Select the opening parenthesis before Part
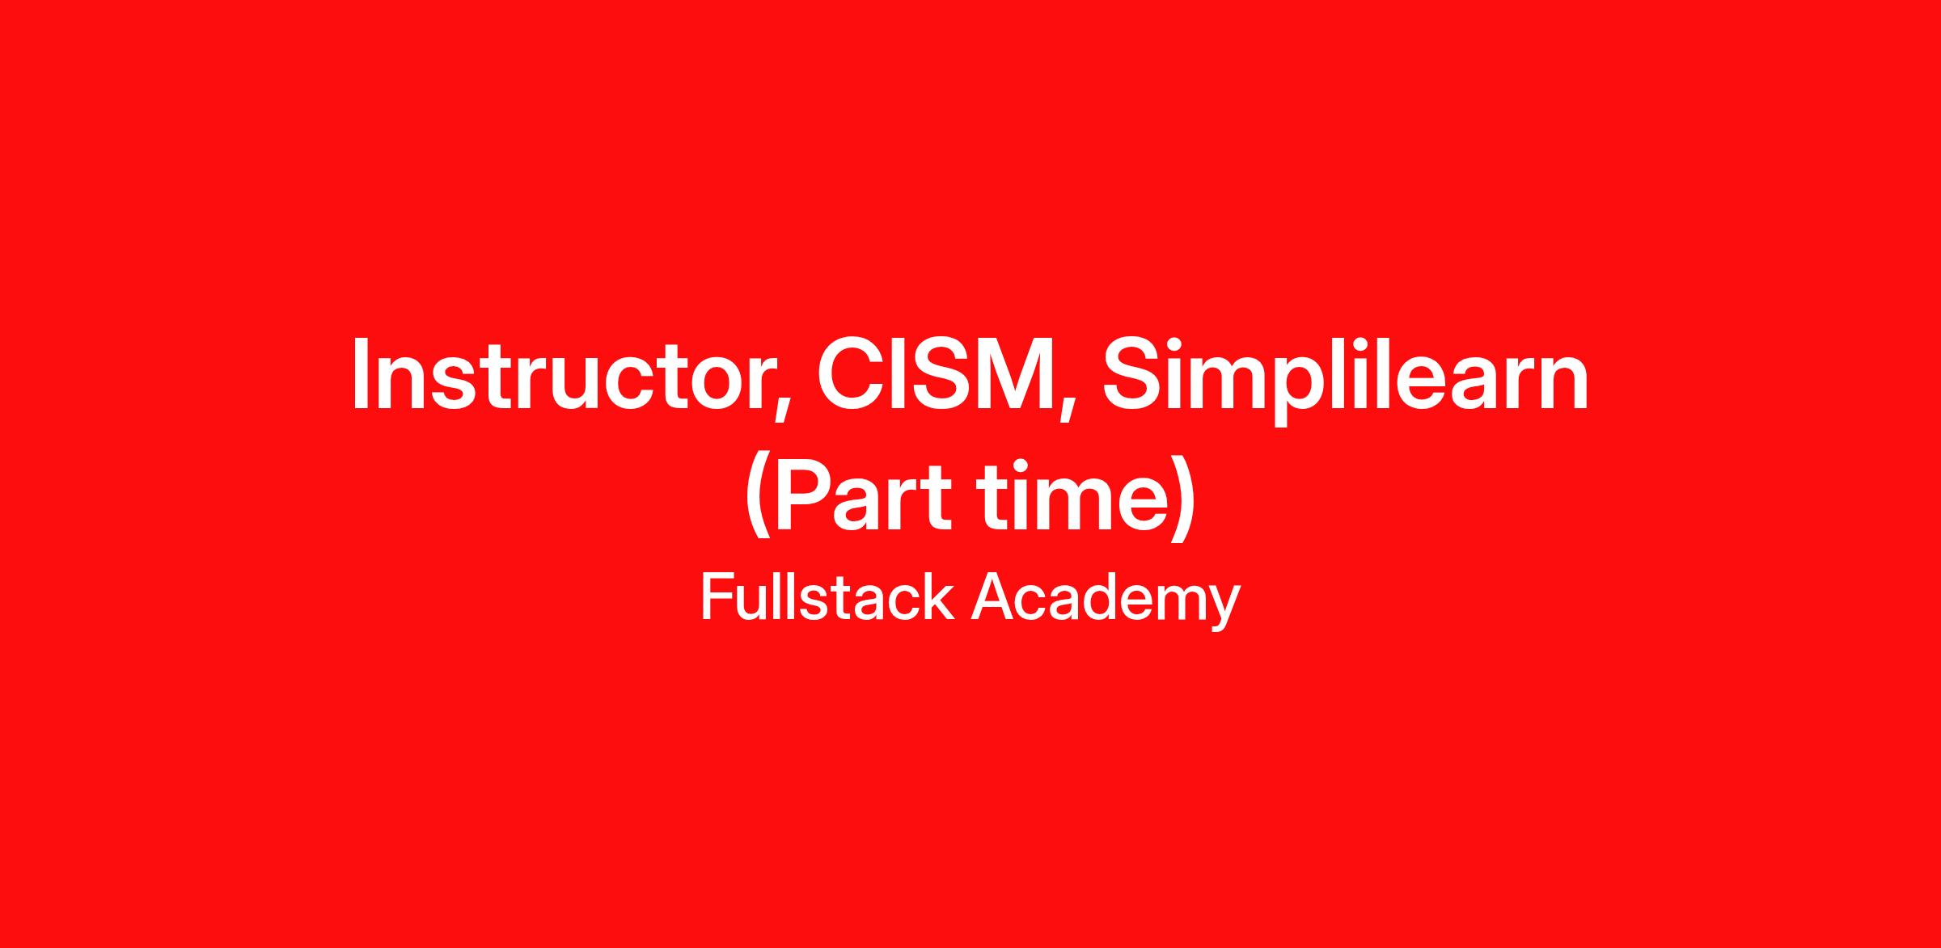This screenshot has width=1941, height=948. [759, 497]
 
